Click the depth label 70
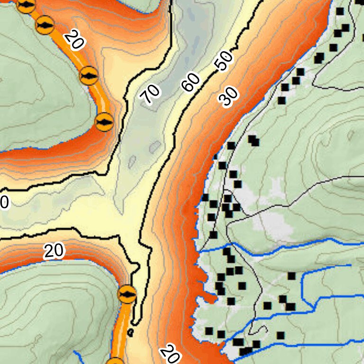(151, 94)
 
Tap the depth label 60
(191, 83)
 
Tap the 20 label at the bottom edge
(169, 353)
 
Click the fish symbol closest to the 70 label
(104, 122)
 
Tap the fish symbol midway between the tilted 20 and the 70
(89, 75)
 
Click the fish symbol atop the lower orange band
(127, 294)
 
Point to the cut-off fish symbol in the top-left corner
(26, 5)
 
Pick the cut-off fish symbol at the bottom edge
(115, 361)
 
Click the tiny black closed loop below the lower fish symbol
(130, 332)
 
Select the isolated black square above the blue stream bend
(291, 276)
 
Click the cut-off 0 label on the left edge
(3, 203)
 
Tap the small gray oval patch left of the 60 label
(155, 147)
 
